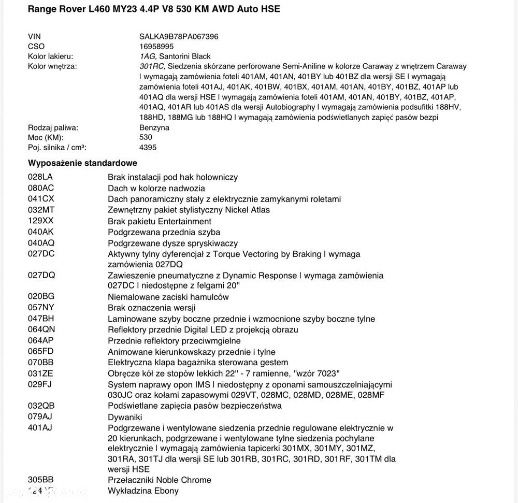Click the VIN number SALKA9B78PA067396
(179, 36)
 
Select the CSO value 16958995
(156, 46)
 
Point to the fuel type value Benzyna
(154, 127)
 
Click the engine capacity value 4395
(148, 147)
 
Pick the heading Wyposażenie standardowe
(82, 163)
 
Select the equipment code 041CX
(40, 198)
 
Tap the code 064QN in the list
(40, 329)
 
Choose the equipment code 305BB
(40, 479)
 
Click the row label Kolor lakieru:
(50, 56)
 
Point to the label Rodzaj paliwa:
(52, 127)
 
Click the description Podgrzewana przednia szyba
(164, 232)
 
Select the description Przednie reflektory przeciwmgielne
(174, 340)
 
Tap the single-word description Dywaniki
(125, 417)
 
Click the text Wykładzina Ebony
(143, 491)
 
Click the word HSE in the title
(270, 9)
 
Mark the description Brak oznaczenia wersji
(151, 308)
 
